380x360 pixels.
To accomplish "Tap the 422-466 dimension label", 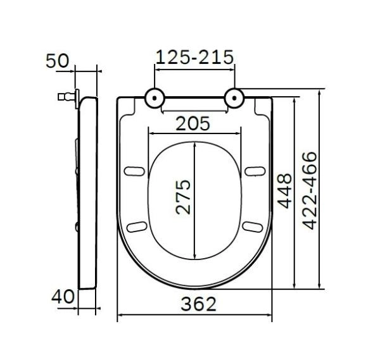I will [x=309, y=189].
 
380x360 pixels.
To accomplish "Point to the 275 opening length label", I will [x=182, y=197].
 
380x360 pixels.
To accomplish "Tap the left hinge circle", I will [x=155, y=97].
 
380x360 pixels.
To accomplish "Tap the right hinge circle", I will [x=235, y=97].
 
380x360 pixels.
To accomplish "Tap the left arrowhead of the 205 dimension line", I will [x=150, y=133].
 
